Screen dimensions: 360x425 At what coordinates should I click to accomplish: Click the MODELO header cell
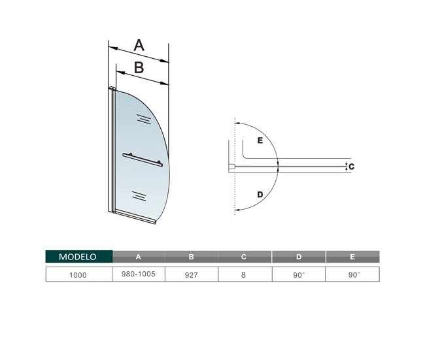[x=78, y=257]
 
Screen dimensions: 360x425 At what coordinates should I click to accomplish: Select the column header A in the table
[x=138, y=257]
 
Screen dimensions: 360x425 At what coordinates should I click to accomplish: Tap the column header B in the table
[x=192, y=257]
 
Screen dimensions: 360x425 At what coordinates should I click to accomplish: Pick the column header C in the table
[x=245, y=257]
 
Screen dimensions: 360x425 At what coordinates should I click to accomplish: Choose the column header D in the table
[x=298, y=257]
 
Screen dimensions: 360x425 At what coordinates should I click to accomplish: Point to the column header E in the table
[x=352, y=257]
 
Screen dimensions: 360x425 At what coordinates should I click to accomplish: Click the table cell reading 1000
[x=78, y=275]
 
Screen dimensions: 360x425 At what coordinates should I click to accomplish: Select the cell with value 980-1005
[x=138, y=275]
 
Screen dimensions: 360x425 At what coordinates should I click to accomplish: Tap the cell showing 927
[x=192, y=275]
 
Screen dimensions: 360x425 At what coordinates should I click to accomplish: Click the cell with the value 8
[x=245, y=275]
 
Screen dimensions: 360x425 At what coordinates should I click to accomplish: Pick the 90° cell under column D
[x=298, y=275]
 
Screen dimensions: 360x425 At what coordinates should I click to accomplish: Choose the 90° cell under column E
[x=352, y=275]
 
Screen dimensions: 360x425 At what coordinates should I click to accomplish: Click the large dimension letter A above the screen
[x=139, y=45]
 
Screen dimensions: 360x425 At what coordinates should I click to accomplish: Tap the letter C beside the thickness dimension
[x=351, y=167]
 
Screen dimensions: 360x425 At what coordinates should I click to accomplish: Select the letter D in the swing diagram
[x=260, y=195]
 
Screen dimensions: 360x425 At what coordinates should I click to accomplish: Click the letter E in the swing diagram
[x=260, y=140]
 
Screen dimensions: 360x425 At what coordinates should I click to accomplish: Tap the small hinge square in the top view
[x=231, y=167]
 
